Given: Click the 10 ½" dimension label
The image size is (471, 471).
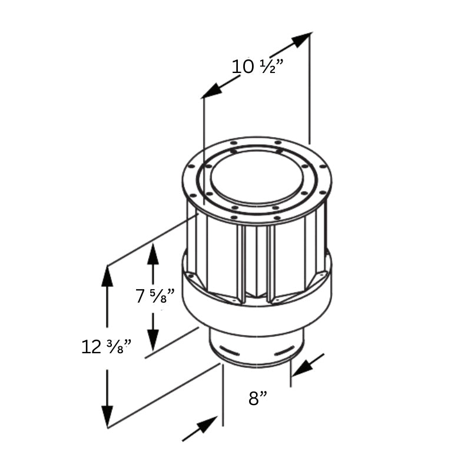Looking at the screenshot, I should click(x=257, y=66).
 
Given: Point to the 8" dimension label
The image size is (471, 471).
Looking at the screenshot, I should click(x=258, y=399).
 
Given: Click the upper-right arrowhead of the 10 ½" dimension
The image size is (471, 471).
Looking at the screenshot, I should click(x=301, y=39).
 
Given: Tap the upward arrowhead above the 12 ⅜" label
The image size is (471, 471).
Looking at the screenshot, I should click(x=107, y=277).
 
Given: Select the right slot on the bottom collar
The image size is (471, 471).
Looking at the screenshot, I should click(x=283, y=352).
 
